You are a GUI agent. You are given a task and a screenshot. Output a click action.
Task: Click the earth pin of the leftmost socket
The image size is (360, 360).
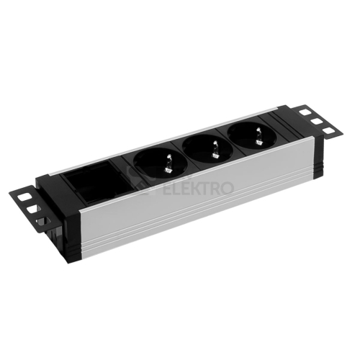(168, 164)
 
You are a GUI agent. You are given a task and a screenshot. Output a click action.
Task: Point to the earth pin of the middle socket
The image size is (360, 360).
(214, 149)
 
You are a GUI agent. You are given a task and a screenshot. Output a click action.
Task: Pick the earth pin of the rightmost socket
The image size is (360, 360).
(258, 135)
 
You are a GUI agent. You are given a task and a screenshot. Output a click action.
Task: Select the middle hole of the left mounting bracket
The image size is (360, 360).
(33, 209)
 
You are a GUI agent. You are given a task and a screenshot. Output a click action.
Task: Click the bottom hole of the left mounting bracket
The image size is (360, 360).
(42, 222)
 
